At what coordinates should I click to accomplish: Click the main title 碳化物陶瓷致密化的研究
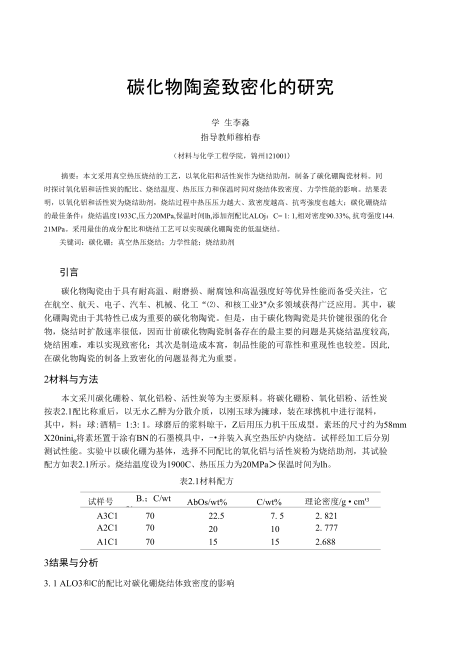[x=229, y=87]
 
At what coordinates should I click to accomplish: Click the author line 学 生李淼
[x=230, y=123]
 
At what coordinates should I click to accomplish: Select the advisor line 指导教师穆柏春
[x=230, y=137]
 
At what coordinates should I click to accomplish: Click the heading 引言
[x=69, y=272]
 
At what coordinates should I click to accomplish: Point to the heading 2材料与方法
[x=74, y=379]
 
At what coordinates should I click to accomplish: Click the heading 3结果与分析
[x=71, y=563]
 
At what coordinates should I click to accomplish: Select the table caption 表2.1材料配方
[x=206, y=481]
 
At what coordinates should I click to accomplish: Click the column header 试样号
[x=100, y=501]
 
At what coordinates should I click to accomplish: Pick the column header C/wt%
[x=269, y=502]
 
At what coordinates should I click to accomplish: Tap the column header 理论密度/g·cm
[x=336, y=501]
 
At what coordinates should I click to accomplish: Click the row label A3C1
[x=107, y=516]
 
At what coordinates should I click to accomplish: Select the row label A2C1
[x=107, y=527]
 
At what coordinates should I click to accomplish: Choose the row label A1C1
[x=107, y=541]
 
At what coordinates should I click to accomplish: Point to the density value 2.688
[x=325, y=541]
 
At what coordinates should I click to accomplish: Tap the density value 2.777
[x=326, y=528]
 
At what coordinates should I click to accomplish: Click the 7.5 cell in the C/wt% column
[x=277, y=516]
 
